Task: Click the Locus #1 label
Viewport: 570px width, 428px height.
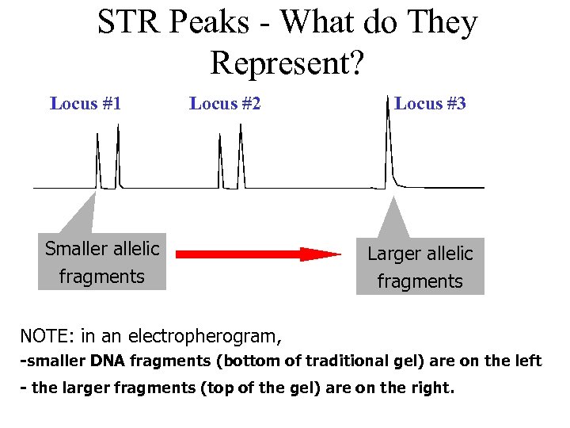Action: [85, 103]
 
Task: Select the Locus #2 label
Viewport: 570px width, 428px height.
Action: [225, 103]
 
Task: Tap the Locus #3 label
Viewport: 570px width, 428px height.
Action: [430, 103]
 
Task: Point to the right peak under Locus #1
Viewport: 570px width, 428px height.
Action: [117, 159]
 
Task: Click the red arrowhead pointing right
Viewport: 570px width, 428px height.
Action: [321, 254]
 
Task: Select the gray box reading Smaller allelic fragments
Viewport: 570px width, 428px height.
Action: [102, 262]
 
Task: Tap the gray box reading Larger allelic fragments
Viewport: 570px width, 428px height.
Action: [420, 267]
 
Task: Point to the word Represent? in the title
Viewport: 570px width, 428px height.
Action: [287, 63]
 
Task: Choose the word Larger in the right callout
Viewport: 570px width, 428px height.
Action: [392, 254]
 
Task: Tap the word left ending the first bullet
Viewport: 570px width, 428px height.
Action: [529, 361]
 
